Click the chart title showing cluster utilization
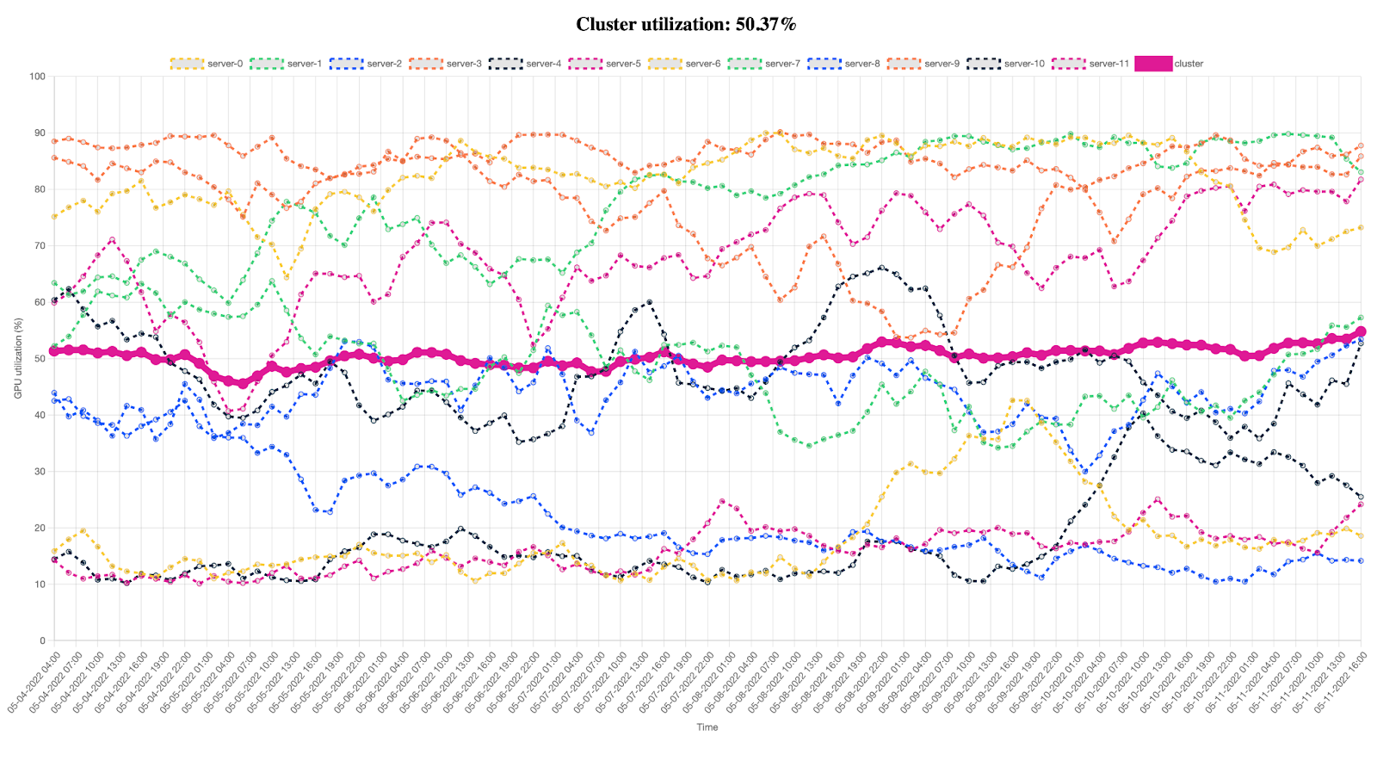click(686, 24)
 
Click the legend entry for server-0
click(206, 64)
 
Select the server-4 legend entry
click(524, 64)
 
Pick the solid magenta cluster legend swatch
click(1153, 64)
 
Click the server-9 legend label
click(942, 64)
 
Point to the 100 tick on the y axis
click(37, 77)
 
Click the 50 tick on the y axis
click(40, 359)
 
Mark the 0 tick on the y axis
click(42, 641)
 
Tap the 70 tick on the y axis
click(40, 246)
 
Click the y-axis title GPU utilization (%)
click(18, 359)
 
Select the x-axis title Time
click(707, 727)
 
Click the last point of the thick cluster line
click(1361, 331)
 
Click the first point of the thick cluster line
click(54, 350)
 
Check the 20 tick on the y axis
click(40, 529)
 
